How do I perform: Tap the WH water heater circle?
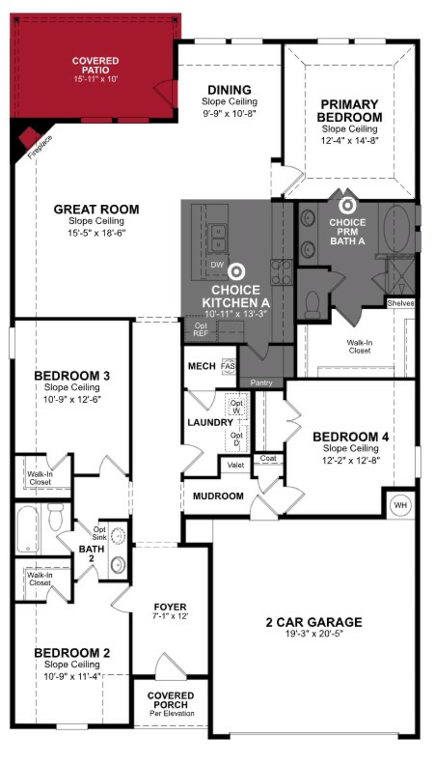pyautogui.click(x=400, y=505)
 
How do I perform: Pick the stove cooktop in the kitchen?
pyautogui.click(x=281, y=272)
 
